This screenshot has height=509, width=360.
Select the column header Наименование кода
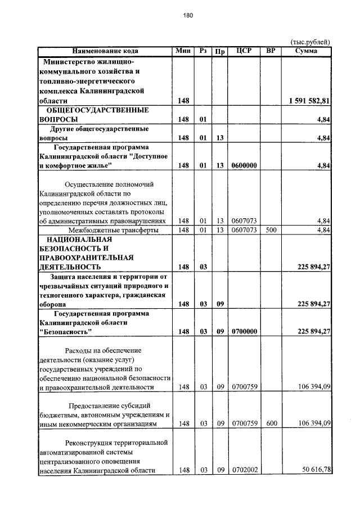(x=105, y=51)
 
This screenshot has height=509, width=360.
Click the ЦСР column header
(x=243, y=51)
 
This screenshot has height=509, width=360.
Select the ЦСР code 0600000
(x=244, y=165)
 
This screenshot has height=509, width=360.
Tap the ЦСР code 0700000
(x=244, y=332)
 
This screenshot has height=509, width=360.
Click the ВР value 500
(x=271, y=230)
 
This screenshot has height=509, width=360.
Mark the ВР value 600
(x=271, y=423)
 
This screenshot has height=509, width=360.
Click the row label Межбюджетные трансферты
(x=109, y=230)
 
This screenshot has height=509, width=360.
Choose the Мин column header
(x=183, y=51)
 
